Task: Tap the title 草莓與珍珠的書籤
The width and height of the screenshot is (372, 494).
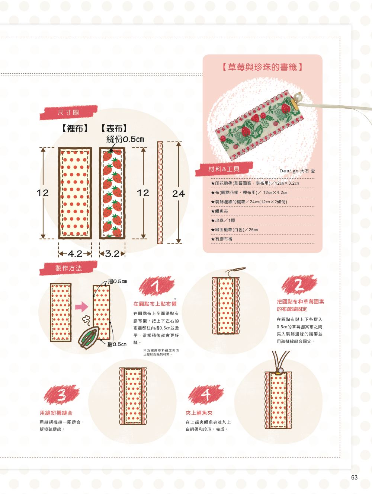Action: (262, 67)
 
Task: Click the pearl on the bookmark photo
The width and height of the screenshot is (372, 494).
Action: (298, 97)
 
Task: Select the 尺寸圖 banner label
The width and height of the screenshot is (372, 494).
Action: (68, 112)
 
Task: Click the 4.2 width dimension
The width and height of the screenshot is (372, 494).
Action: (75, 254)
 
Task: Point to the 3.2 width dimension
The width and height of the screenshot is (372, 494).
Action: (112, 254)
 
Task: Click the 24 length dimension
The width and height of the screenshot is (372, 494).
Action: (178, 194)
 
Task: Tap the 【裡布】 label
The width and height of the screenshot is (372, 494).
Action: (75, 128)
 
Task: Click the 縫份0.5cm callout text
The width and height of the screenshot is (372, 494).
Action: (125, 140)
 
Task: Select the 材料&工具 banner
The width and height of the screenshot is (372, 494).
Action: (224, 169)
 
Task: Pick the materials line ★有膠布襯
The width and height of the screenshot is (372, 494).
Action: (222, 239)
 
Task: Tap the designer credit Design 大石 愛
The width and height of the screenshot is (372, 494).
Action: (297, 171)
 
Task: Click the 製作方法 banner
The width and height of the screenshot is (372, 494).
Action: (68, 268)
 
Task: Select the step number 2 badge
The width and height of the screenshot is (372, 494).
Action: (299, 284)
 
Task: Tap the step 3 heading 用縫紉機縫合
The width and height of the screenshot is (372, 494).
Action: (56, 413)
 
